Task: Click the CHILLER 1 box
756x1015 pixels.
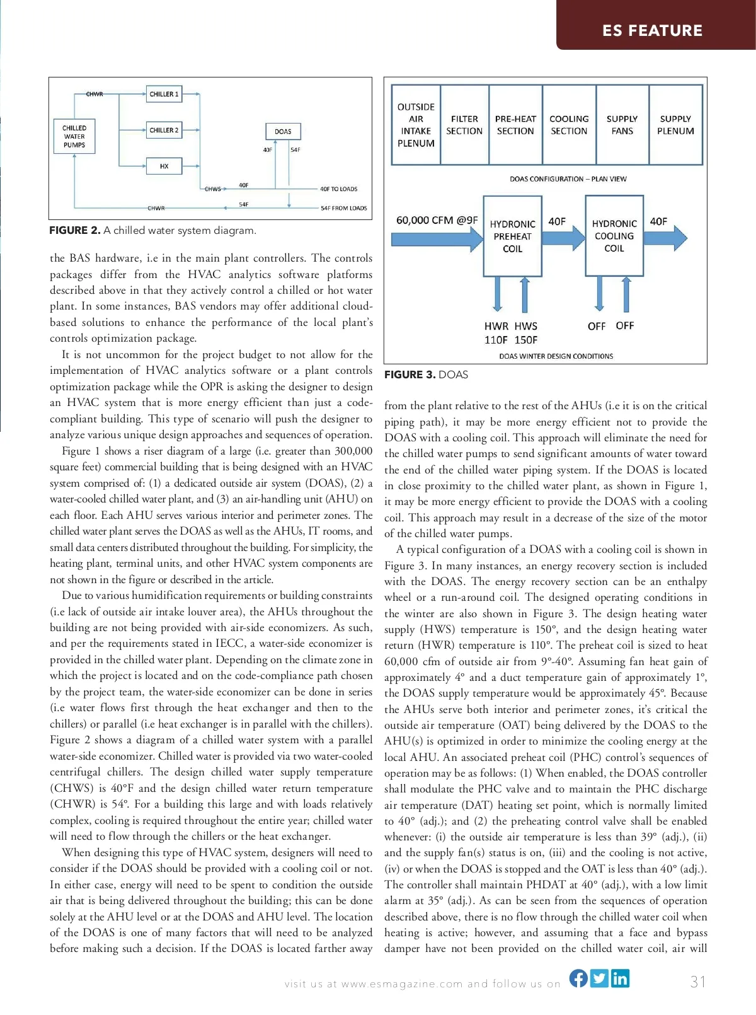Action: tap(164, 94)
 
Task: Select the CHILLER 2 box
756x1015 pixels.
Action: tap(164, 130)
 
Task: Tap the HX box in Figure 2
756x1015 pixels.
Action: tap(164, 166)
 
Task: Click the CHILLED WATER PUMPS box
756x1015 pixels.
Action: tap(74, 136)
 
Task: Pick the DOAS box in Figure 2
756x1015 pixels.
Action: tap(283, 131)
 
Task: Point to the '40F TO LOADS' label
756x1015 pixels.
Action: tap(338, 188)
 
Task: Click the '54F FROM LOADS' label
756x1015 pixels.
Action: tap(343, 208)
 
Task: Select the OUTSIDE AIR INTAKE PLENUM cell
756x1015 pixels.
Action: tap(416, 125)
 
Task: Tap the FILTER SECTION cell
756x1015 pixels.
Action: tap(464, 125)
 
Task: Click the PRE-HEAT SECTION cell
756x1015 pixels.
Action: tap(515, 125)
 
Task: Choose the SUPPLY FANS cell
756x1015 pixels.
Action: tap(622, 125)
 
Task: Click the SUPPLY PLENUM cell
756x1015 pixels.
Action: tap(675, 125)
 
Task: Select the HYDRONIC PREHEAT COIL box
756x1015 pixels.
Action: tap(512, 236)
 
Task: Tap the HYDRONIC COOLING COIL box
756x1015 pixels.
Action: tap(614, 236)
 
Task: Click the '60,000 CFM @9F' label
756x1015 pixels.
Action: tap(437, 221)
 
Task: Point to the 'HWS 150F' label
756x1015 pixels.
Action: tap(526, 333)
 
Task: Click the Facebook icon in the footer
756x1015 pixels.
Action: tap(578, 978)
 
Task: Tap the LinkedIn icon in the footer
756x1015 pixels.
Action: tap(620, 978)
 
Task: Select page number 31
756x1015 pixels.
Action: tap(697, 982)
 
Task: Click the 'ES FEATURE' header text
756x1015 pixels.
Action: tap(652, 30)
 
